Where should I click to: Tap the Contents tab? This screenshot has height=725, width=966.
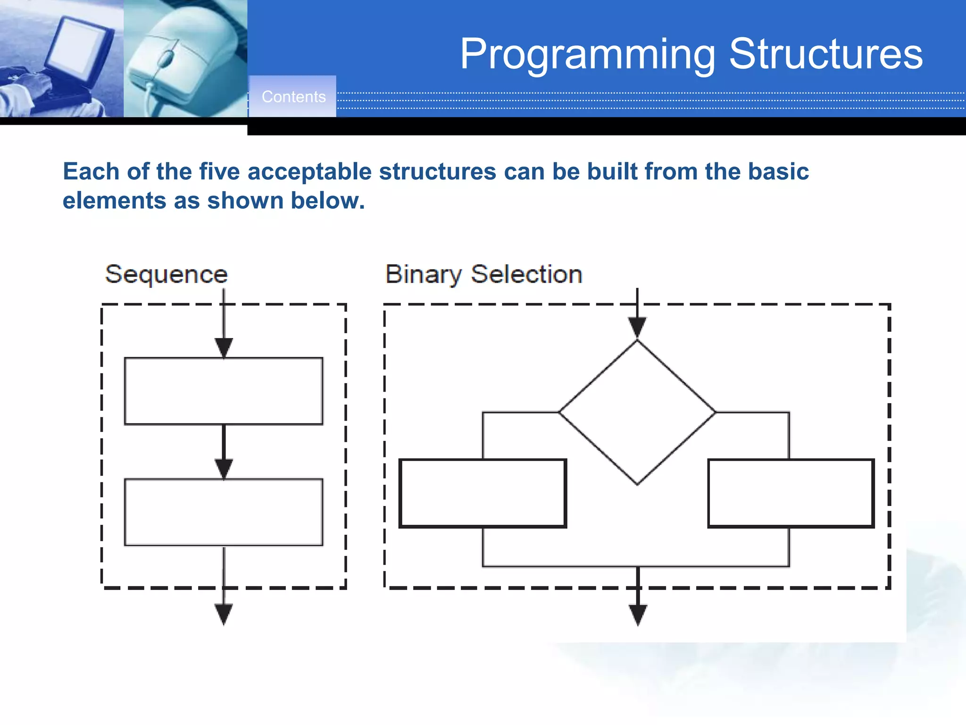(x=293, y=97)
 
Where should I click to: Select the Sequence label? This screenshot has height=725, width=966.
(x=166, y=274)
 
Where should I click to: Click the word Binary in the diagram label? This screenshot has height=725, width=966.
(x=423, y=274)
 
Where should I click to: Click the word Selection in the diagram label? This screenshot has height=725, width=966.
(x=526, y=274)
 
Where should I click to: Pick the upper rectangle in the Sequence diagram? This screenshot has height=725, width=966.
(x=224, y=391)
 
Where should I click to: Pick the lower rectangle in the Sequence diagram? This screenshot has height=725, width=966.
(x=224, y=513)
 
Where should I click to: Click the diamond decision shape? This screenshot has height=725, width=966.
(x=637, y=413)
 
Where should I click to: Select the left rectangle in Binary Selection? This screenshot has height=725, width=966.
(x=483, y=493)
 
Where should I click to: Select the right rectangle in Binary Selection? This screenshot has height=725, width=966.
(x=791, y=493)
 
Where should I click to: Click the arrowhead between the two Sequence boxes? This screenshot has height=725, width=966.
(x=224, y=469)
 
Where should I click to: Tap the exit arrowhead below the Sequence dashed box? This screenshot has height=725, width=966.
(x=224, y=614)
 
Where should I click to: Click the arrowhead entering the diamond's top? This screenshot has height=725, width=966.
(x=637, y=327)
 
